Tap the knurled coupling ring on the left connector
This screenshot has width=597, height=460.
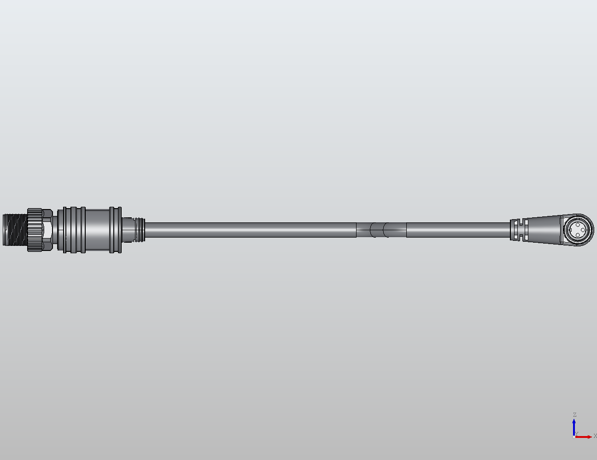(34, 230)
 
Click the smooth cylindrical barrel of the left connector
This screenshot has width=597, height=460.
(97, 230)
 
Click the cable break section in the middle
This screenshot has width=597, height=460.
(381, 230)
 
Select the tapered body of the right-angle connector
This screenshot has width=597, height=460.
(544, 229)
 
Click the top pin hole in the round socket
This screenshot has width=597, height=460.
(577, 225)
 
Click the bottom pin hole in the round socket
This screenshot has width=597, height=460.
(577, 235)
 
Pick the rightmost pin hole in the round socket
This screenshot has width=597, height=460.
(582, 230)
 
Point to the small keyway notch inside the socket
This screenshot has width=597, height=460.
(571, 230)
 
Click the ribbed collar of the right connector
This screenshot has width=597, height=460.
(518, 230)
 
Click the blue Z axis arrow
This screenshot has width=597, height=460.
(574, 426)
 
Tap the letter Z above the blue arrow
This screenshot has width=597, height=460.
(574, 415)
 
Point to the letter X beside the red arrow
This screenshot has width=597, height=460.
(595, 436)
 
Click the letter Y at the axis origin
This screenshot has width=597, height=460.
(576, 434)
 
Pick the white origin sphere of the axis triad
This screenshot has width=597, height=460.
(574, 437)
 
